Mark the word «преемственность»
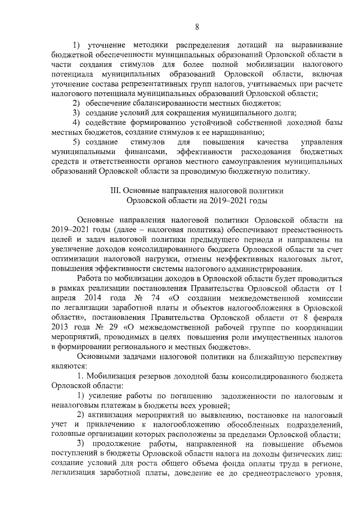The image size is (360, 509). (x=308, y=230)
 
